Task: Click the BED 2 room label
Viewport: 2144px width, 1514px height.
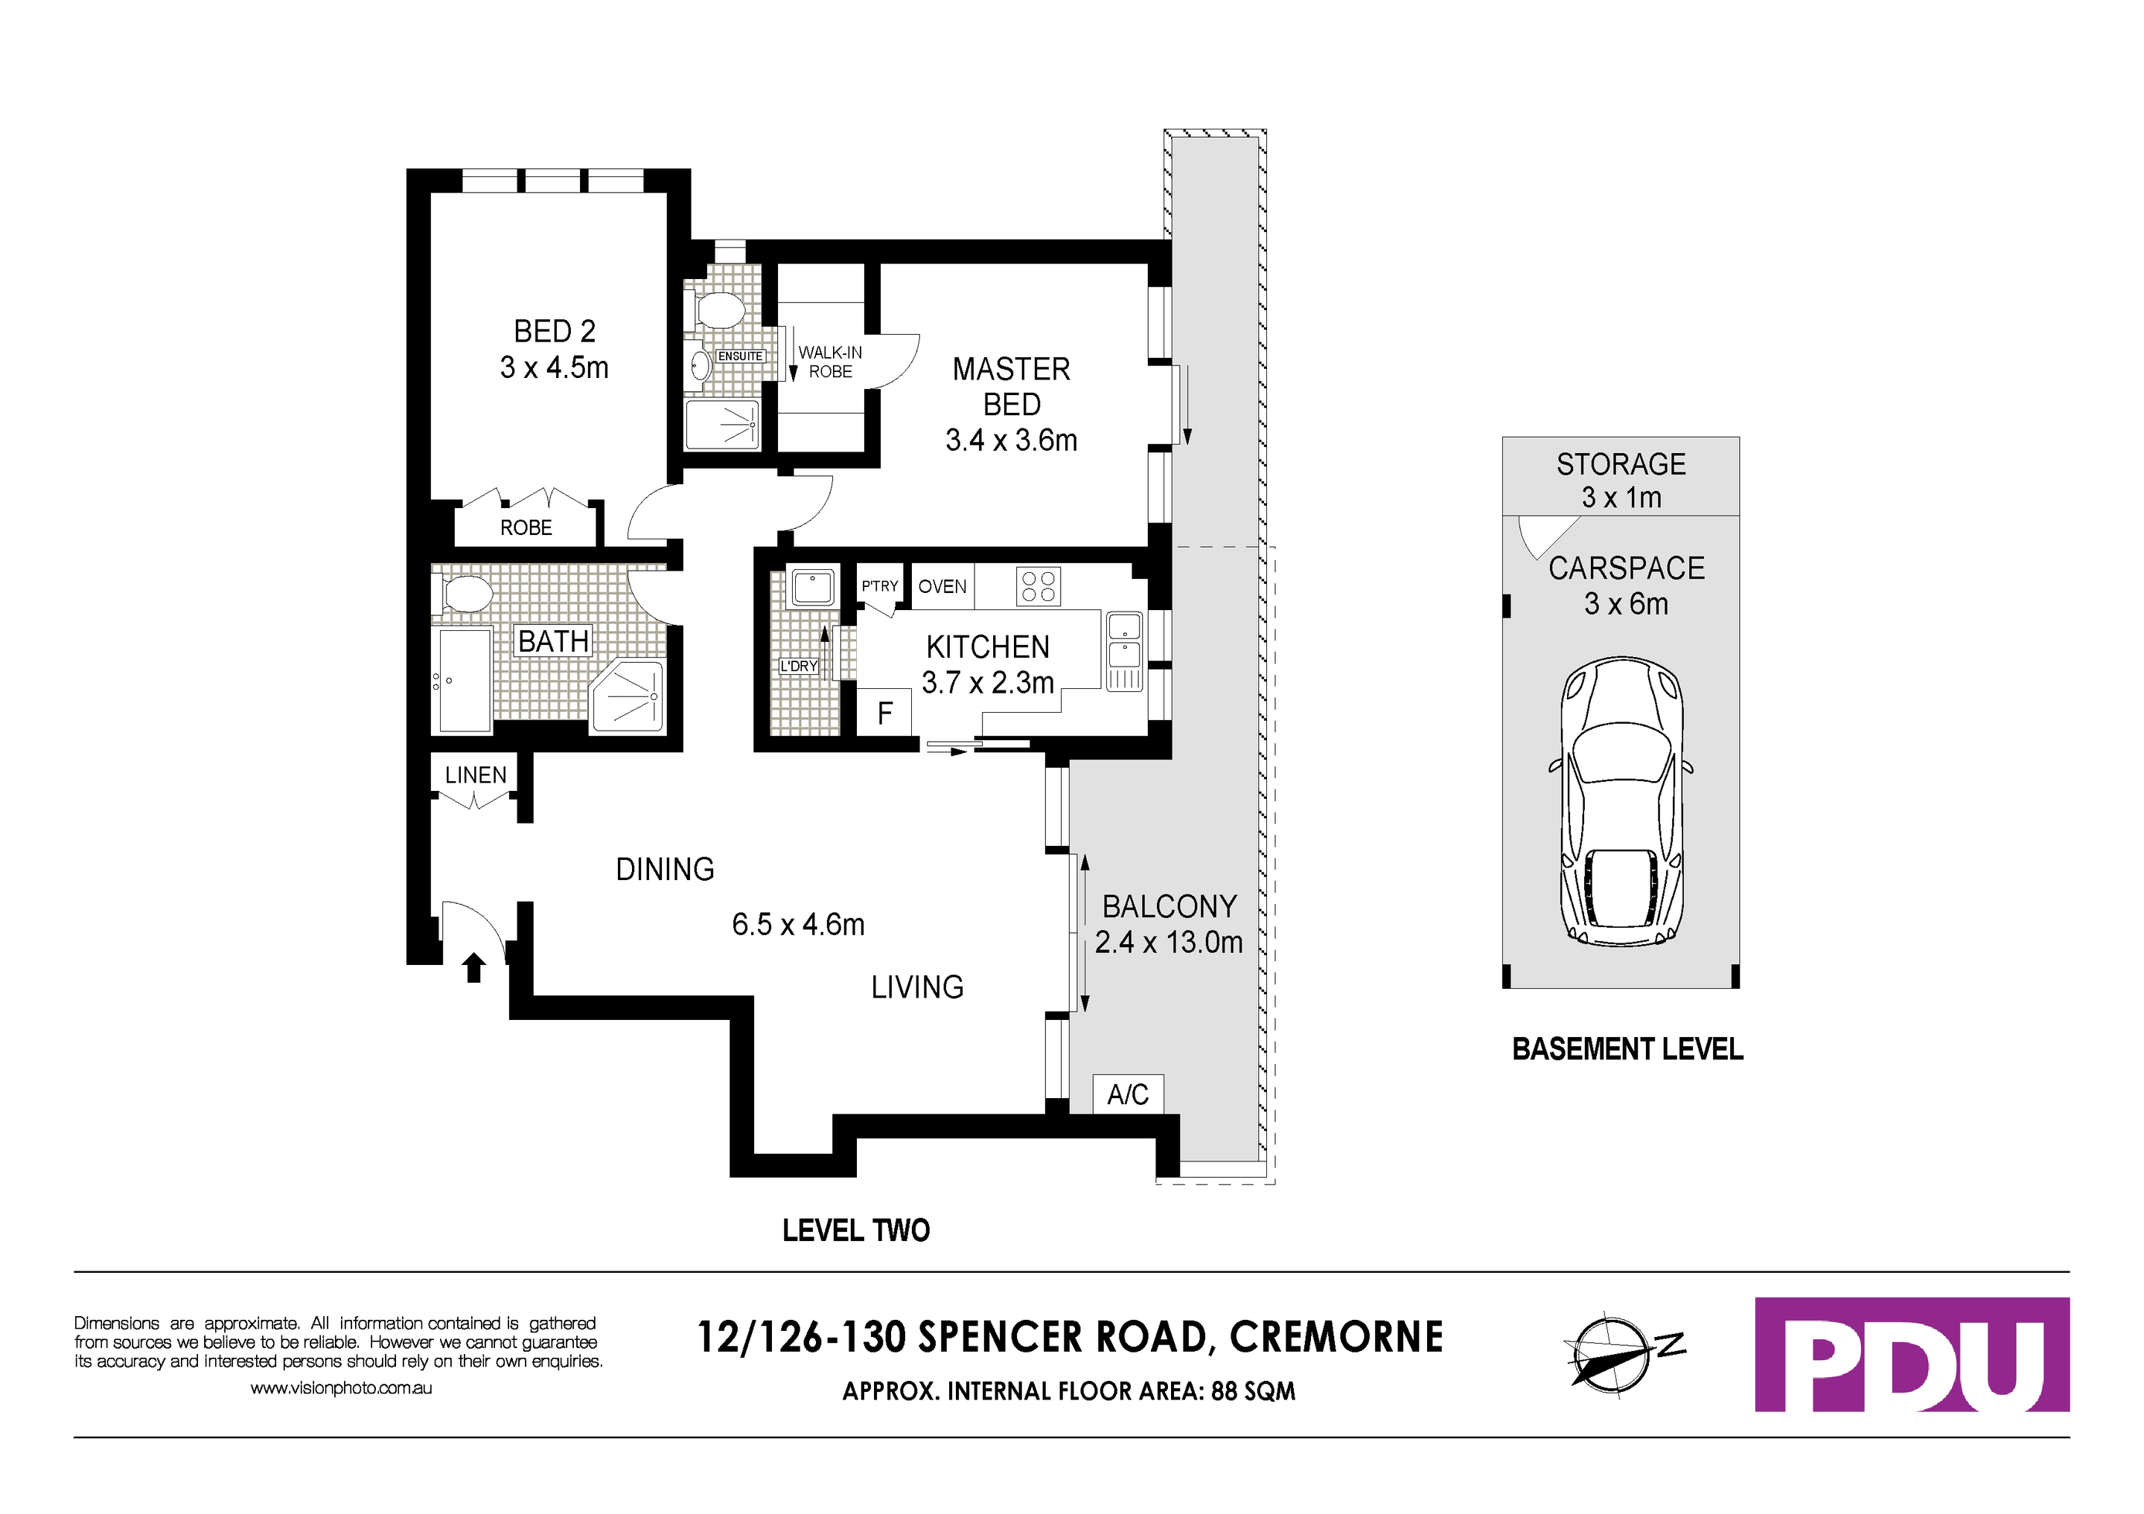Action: tap(554, 331)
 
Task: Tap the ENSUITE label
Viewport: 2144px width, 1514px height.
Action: tap(741, 356)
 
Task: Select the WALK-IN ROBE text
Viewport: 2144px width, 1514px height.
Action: tap(830, 362)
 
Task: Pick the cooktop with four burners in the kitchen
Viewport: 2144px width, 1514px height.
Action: tap(1038, 586)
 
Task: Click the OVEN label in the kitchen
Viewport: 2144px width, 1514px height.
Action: tap(942, 586)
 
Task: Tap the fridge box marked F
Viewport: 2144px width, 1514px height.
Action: tap(884, 714)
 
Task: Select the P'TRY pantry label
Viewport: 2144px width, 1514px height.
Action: tap(880, 586)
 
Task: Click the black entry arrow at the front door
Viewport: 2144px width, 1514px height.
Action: tap(474, 967)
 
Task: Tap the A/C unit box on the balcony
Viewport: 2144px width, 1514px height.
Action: tap(1128, 1094)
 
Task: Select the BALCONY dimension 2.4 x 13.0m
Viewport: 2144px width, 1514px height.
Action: tap(1168, 943)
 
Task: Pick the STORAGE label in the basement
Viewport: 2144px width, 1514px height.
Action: tap(1621, 464)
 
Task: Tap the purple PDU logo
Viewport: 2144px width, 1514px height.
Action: tap(1912, 1354)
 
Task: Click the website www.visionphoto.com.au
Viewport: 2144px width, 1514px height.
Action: tap(341, 1388)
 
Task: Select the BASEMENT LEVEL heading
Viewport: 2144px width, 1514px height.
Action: tap(1627, 1049)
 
